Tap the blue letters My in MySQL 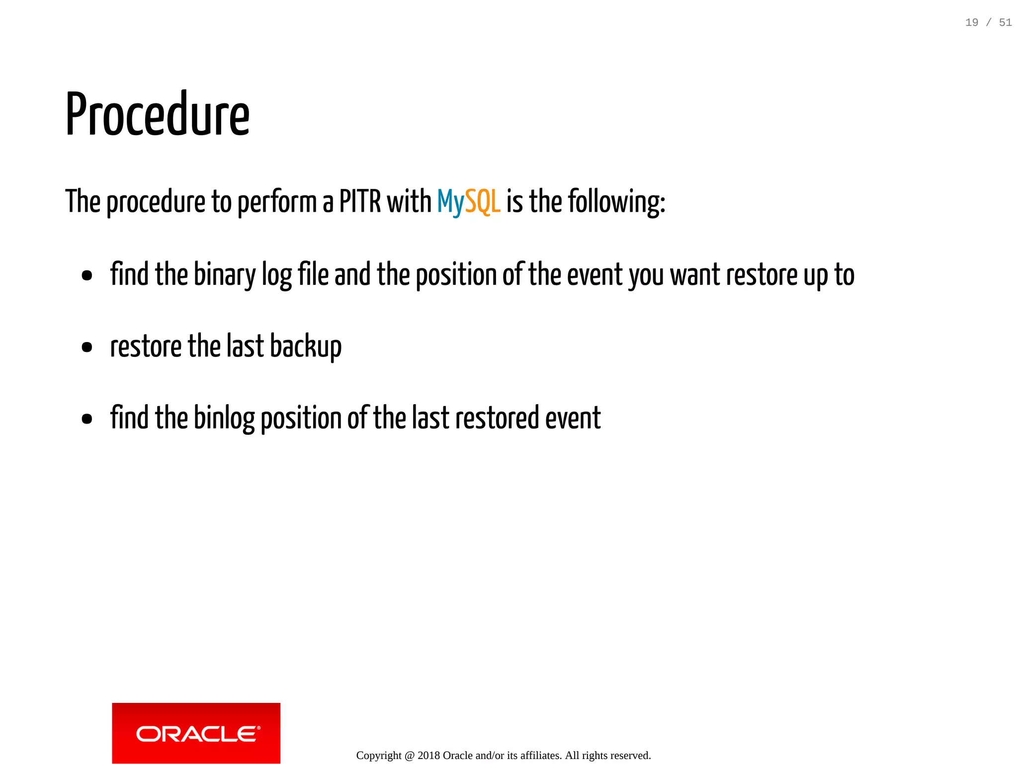tap(450, 202)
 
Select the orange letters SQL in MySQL tap(482, 202)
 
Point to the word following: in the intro tap(616, 202)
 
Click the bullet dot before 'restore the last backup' tap(87, 347)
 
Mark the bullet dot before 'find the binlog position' tap(87, 419)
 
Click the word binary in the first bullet tap(224, 275)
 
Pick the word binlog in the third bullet tap(224, 418)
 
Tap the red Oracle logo tap(196, 733)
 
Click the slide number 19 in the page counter tap(971, 22)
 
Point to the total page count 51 tap(1005, 22)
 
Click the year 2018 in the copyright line tap(428, 756)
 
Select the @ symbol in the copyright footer tap(410, 756)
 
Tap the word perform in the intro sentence tap(277, 202)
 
